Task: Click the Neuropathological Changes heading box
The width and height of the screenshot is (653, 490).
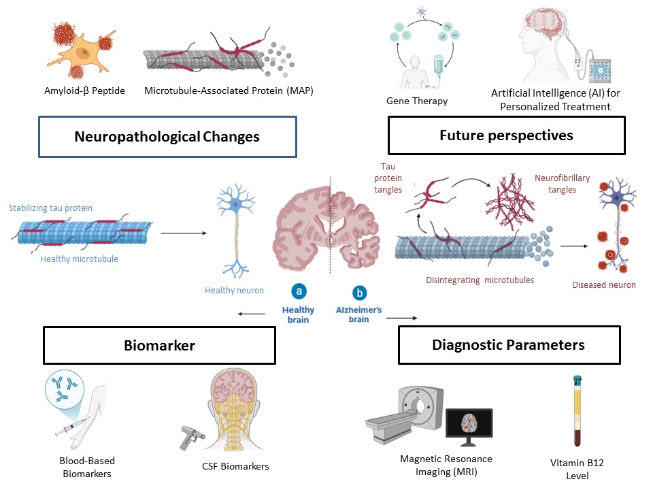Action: click(167, 137)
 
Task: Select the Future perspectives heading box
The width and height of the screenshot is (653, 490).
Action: click(506, 135)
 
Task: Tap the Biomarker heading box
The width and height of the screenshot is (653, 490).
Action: click(159, 345)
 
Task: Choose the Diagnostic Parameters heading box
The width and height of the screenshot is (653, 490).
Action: click(509, 345)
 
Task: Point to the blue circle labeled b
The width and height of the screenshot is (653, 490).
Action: click(358, 293)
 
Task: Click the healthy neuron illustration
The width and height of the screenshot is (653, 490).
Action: click(235, 231)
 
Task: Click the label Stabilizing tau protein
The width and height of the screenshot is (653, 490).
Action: click(51, 208)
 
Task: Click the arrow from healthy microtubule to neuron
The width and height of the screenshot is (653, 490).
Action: click(184, 233)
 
